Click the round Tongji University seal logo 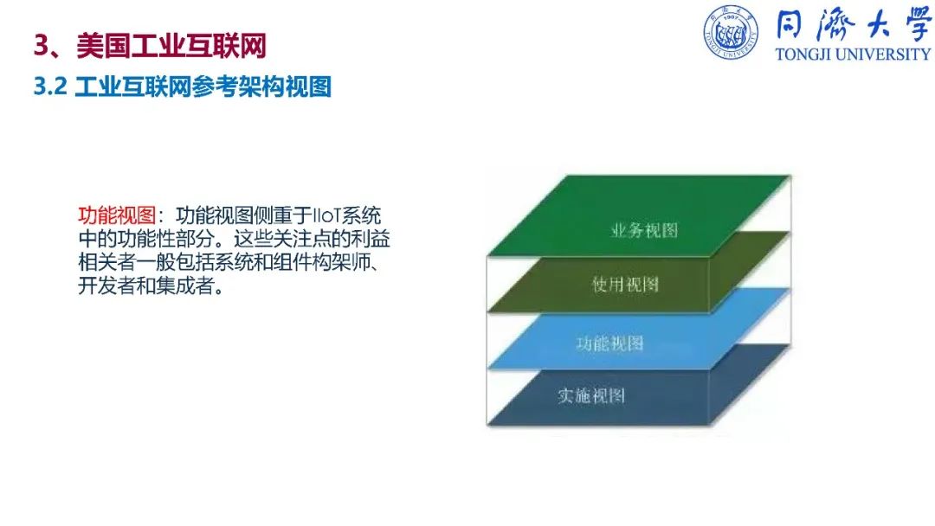pos(731,32)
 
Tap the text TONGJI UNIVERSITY pos(853,55)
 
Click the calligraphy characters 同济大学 pos(854,24)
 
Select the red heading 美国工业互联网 pos(171,46)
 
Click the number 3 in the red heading pos(42,46)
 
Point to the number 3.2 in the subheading pos(50,87)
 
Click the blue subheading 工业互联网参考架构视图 pos(203,87)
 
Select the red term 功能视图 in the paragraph pos(117,215)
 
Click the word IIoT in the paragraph pos(326,215)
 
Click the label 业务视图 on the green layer pos(645,230)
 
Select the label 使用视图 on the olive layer pos(625,285)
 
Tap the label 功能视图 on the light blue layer pos(609,343)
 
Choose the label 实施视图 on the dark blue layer pos(591,396)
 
